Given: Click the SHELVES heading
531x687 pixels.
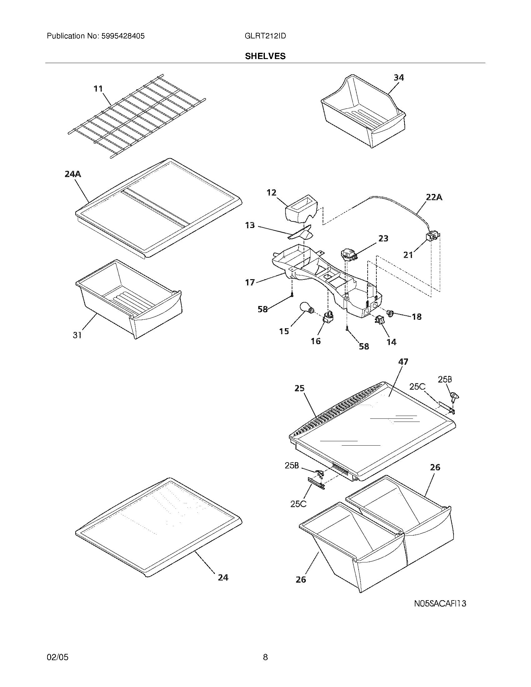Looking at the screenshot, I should coord(265,56).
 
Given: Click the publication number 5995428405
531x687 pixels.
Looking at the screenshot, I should coord(123,36).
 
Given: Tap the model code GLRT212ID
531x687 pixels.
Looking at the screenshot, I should coord(265,36).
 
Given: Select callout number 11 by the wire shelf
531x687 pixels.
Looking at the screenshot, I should coord(98,89).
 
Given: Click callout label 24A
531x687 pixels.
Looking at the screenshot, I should coord(73,174).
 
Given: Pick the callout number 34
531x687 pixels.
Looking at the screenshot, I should coord(399,77).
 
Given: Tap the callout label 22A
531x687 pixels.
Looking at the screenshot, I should coord(434,198).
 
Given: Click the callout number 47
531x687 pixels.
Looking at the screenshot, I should coord(403,362).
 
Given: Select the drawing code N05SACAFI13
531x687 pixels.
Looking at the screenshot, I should coord(440,604).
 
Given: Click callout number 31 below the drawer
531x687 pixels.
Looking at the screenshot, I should coord(77,335).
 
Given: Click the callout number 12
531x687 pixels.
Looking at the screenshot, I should coord(271,192).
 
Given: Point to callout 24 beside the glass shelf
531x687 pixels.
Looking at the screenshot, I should coord(223,577).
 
